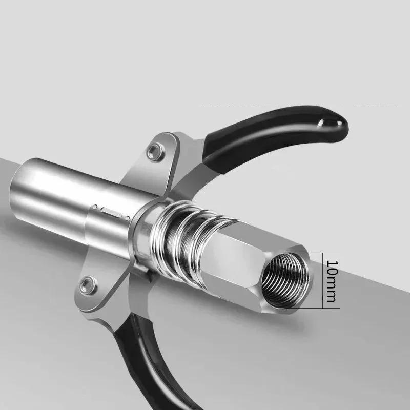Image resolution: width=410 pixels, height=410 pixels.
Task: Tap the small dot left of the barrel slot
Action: (x=95, y=206)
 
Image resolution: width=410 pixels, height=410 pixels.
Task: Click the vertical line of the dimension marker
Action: (x=323, y=280)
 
